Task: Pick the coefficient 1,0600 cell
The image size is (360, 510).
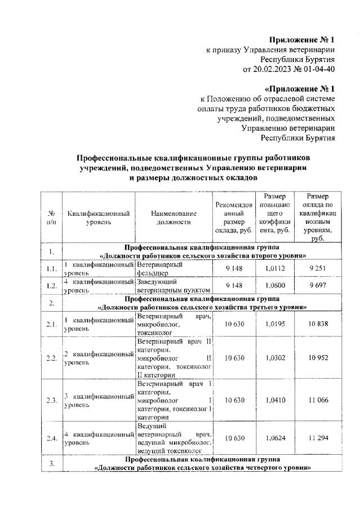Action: (x=274, y=286)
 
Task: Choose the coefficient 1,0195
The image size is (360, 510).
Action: (x=274, y=325)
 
